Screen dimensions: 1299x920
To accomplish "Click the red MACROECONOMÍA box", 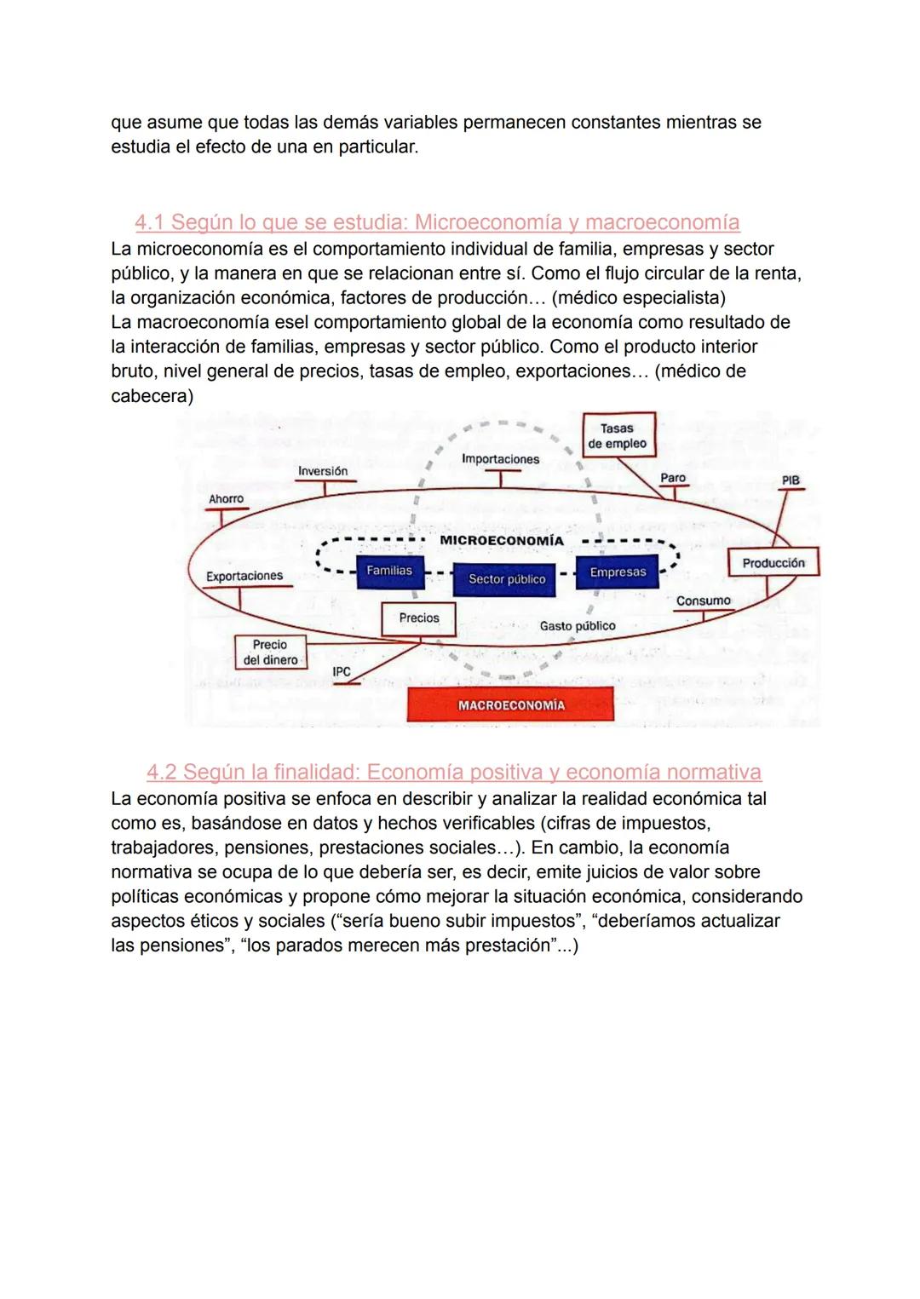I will (510, 704).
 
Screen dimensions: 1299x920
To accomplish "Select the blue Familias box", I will (389, 571).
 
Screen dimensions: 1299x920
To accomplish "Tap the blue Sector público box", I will (506, 579).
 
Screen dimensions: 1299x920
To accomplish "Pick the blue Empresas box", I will (618, 572).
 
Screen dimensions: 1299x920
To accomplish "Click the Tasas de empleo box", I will (617, 436).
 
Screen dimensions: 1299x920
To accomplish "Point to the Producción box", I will (773, 563).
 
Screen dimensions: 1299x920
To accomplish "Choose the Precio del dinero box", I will (270, 652).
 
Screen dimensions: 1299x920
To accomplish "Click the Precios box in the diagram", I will (419, 618).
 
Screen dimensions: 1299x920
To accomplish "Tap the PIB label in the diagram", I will (791, 480).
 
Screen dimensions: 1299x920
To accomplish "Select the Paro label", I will (673, 478).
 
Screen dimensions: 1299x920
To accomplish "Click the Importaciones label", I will (500, 459).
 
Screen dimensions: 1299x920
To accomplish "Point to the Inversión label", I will (323, 471).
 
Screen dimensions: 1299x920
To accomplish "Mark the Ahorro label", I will (226, 499).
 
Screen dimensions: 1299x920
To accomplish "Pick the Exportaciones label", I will (244, 576).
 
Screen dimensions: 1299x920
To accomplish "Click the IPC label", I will (342, 672).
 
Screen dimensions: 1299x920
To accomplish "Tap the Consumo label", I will (704, 601).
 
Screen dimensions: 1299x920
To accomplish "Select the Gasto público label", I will (578, 626).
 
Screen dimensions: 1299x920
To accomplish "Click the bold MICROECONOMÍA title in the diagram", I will (502, 541).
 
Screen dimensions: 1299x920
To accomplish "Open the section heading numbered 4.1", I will (437, 222).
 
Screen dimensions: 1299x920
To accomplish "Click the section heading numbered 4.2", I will (453, 773).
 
